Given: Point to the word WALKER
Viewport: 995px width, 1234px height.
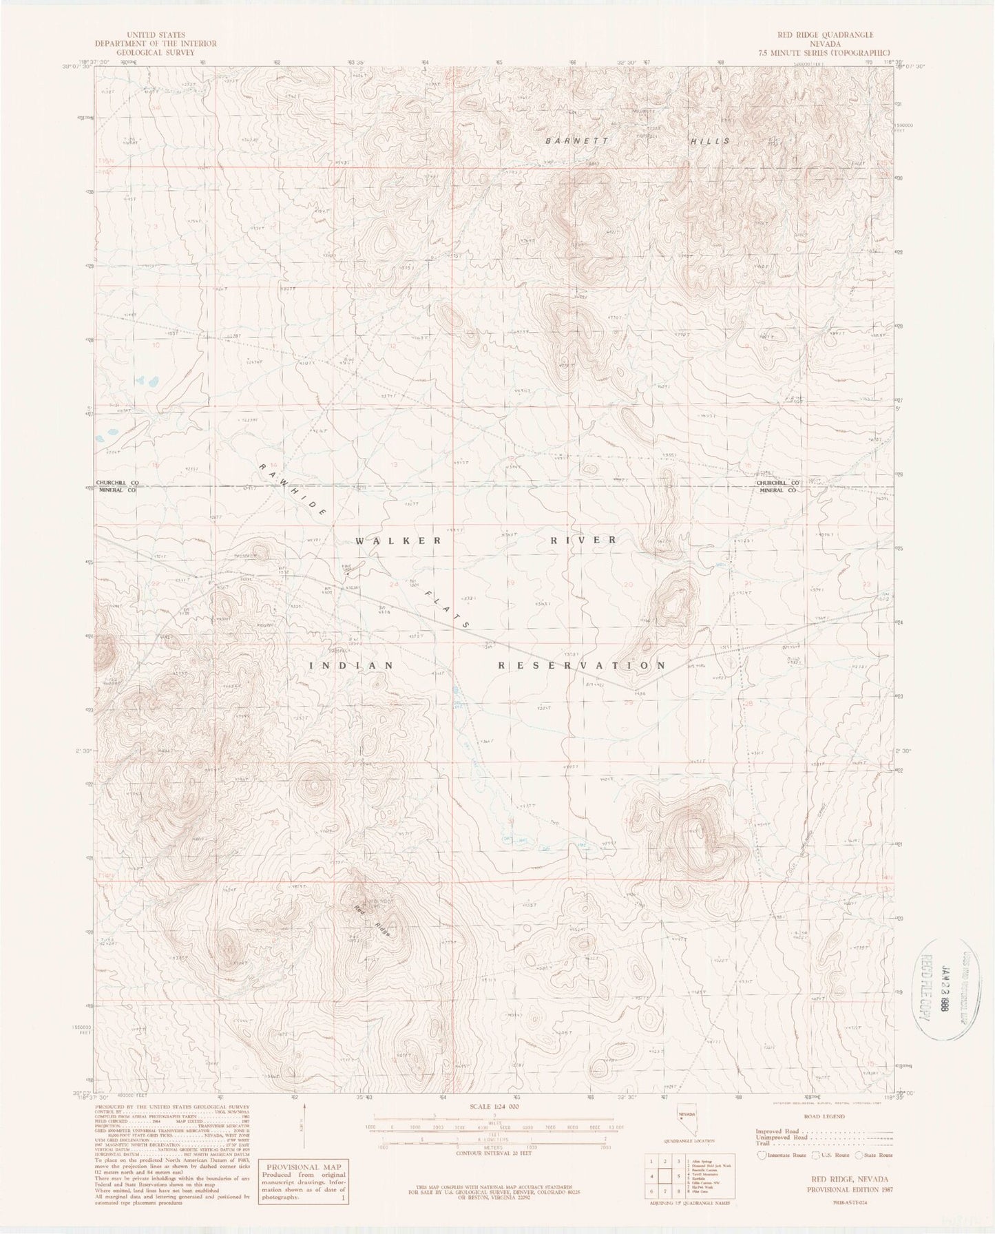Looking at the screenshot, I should tap(398, 541).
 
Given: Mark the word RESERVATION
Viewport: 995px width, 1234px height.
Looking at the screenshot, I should tap(582, 666).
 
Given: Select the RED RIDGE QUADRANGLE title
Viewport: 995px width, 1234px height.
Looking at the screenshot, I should tap(824, 34).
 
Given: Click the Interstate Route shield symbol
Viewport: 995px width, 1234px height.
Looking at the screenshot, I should tap(760, 1155).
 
